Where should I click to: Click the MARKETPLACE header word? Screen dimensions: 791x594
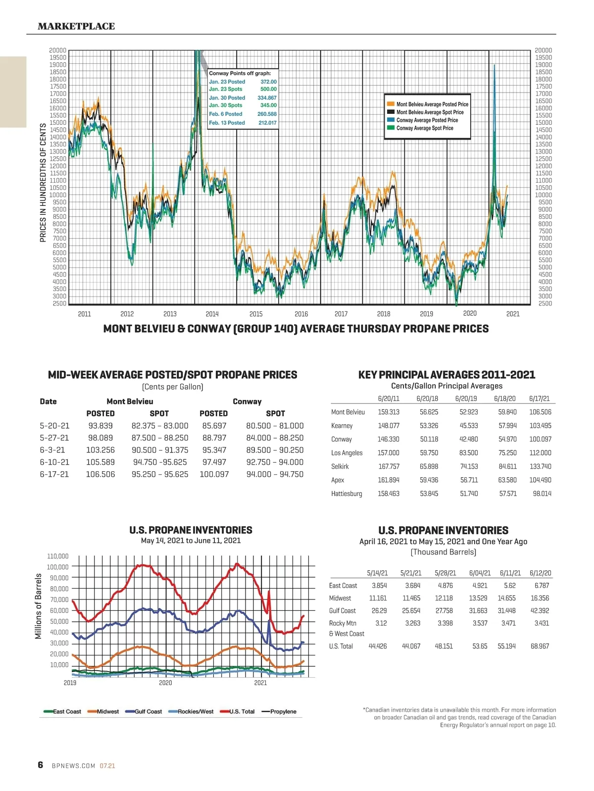[76, 26]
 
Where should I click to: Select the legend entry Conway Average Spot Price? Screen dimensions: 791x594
[424, 128]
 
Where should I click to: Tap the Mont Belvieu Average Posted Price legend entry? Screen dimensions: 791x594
[432, 104]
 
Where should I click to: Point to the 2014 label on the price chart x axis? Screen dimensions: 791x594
[212, 314]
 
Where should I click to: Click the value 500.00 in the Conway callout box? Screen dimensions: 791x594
[268, 89]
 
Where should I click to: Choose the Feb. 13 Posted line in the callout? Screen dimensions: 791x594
[227, 123]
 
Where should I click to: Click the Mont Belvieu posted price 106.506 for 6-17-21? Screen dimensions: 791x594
[100, 474]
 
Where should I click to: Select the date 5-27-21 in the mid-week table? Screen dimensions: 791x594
[54, 438]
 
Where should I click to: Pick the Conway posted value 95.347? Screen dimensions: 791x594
[214, 450]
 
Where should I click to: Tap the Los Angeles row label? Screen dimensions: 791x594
[346, 453]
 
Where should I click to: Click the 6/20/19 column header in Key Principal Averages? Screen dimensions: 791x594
[466, 398]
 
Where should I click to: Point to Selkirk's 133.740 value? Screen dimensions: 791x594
[540, 466]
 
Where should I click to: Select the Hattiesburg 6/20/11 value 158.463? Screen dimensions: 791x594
[389, 494]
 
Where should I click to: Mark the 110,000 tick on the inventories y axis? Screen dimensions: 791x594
[57, 556]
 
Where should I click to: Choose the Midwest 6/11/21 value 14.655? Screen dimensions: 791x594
[506, 598]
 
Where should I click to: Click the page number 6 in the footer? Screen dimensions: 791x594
[41, 765]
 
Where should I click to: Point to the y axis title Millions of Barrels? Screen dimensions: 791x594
[38, 606]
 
